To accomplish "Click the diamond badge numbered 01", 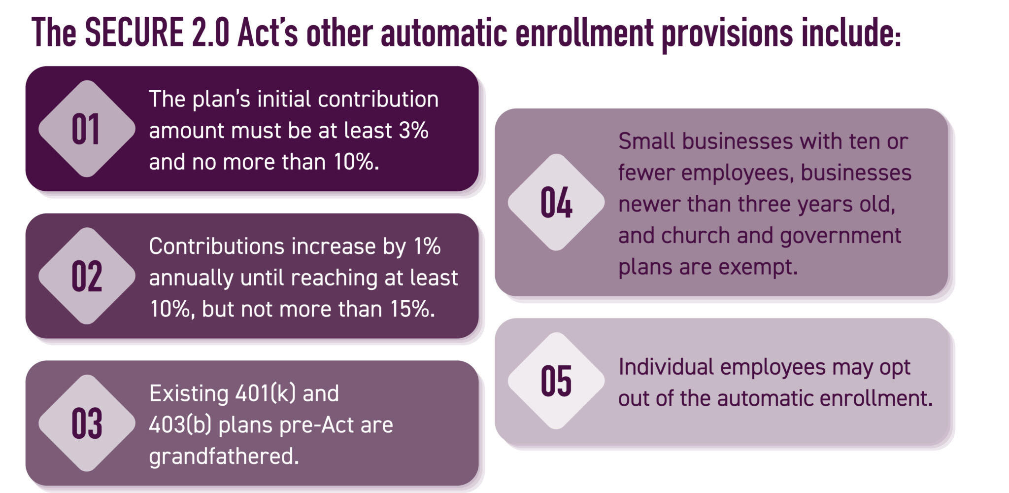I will pyautogui.click(x=87, y=129).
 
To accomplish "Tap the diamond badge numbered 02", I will pyautogui.click(x=87, y=276).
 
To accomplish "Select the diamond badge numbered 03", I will pyautogui.click(x=87, y=423).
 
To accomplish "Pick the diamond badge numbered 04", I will pyautogui.click(x=556, y=202).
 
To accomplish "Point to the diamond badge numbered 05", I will pyautogui.click(x=556, y=381).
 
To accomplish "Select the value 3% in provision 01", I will pyautogui.click(x=413, y=131).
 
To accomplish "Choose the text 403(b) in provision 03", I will pyautogui.click(x=180, y=425).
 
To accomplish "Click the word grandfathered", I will pyautogui.click(x=224, y=457).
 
